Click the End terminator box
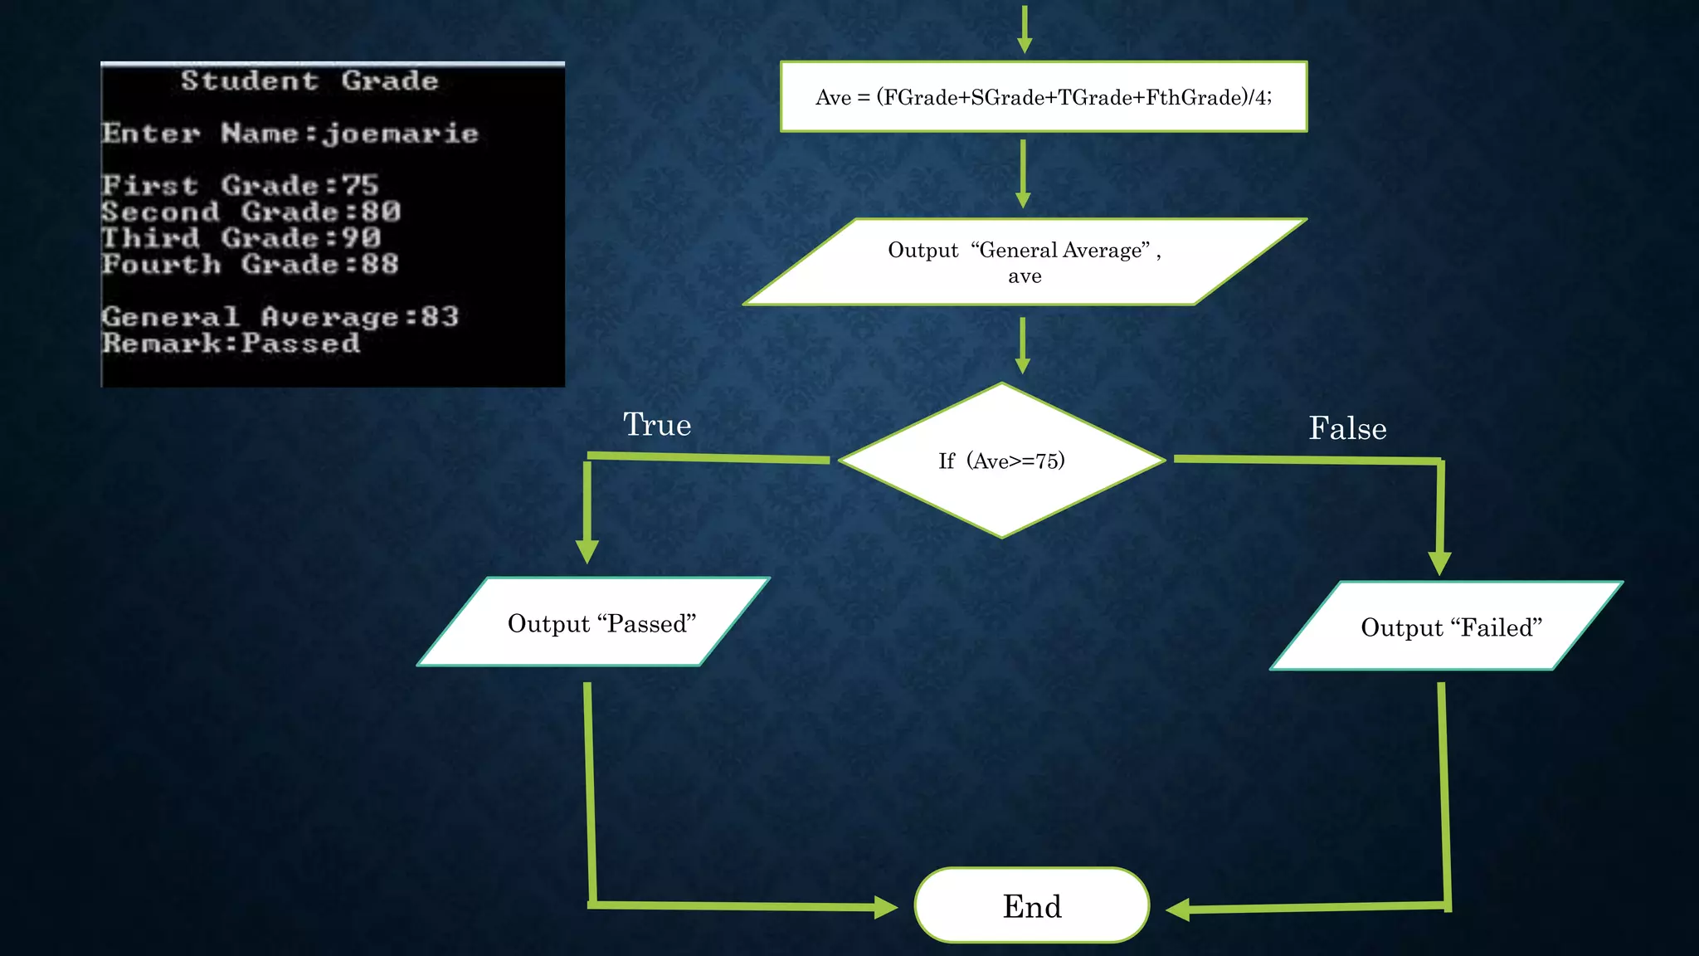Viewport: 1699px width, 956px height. tap(1031, 905)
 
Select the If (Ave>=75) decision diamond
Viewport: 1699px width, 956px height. tap(1001, 461)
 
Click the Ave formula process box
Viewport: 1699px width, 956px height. tap(1043, 97)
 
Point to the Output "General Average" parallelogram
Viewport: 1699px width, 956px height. tap(1025, 262)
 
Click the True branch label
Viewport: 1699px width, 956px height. tap(657, 425)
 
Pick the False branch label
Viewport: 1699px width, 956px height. tap(1347, 428)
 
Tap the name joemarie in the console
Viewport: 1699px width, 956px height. tap(401, 134)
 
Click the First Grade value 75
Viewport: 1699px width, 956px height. tap(361, 185)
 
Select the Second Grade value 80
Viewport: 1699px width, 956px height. tap(381, 212)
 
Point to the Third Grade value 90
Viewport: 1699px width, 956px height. tap(361, 238)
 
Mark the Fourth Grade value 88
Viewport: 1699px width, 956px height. tap(380, 265)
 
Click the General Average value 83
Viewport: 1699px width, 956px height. tap(440, 317)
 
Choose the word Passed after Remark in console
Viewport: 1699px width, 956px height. tap(301, 344)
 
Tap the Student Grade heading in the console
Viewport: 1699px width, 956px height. tap(309, 81)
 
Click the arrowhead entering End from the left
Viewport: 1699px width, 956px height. tap(886, 907)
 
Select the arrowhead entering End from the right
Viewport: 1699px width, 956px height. tap(1178, 910)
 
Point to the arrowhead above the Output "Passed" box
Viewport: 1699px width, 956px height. tap(587, 552)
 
